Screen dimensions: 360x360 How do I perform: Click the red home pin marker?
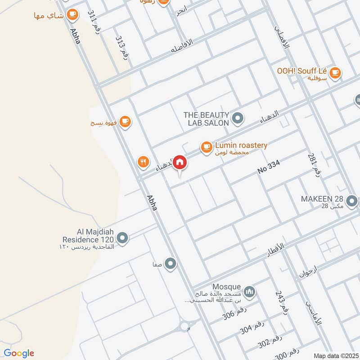click(180, 162)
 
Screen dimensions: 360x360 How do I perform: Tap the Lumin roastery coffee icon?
click(206, 147)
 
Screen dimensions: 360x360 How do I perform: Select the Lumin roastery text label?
click(242, 145)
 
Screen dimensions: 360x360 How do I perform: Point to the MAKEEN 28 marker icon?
click(352, 200)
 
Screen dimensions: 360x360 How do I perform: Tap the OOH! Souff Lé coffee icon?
click(335, 72)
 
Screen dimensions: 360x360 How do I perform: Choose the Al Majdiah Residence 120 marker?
click(122, 237)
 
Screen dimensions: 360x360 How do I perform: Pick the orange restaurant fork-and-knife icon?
click(144, 162)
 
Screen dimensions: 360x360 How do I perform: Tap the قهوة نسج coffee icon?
click(125, 121)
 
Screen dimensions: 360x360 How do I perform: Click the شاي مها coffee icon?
click(72, 15)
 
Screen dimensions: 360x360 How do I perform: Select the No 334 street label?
click(269, 167)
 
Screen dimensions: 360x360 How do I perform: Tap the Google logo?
click(19, 353)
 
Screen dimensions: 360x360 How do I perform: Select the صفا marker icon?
click(170, 264)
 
